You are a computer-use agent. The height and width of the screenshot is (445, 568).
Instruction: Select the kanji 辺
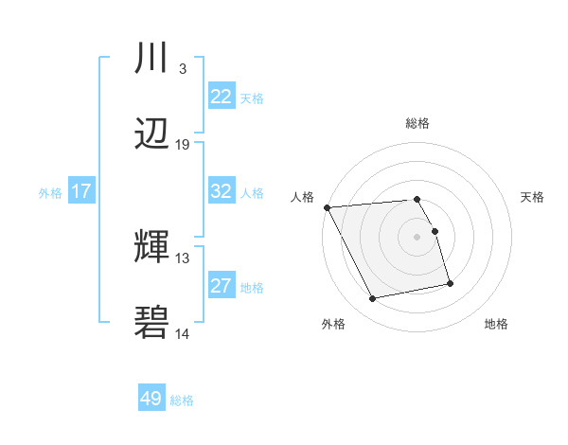[x=152, y=135]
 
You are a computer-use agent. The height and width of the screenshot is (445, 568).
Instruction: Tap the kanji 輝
[x=152, y=248]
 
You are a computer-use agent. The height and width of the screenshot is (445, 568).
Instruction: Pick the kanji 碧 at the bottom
[x=152, y=324]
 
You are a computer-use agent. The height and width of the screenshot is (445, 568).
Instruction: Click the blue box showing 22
[x=221, y=96]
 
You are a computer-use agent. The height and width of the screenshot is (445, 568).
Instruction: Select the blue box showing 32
[x=221, y=190]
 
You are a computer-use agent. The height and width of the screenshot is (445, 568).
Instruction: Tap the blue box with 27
[x=221, y=285]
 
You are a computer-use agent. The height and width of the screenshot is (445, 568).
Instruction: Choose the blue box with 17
[x=80, y=190]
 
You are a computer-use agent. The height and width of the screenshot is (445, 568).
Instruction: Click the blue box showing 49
[x=151, y=399]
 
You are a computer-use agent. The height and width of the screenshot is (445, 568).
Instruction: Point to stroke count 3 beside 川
[x=182, y=68]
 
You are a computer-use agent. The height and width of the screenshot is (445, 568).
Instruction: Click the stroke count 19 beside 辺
[x=183, y=144]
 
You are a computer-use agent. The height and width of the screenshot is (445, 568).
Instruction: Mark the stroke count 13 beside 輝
[x=183, y=258]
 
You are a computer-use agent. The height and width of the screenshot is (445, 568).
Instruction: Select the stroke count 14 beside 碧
[x=183, y=333]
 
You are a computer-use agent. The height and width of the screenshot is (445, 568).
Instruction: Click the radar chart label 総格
[x=417, y=123]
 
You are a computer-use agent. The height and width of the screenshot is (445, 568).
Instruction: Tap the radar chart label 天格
[x=533, y=197]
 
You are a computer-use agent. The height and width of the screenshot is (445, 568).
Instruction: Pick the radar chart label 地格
[x=496, y=325]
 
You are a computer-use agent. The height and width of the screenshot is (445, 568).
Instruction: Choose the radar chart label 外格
[x=333, y=325]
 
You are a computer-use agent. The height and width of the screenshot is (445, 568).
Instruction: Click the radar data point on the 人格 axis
[x=327, y=207]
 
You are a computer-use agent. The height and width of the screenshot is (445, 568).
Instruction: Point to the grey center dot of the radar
[x=417, y=237]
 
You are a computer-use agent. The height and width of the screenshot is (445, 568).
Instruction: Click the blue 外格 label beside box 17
[x=50, y=192]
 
